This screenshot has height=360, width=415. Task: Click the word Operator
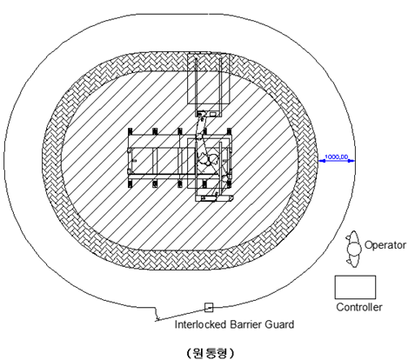coord(385,245)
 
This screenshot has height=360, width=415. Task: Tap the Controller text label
coord(359,307)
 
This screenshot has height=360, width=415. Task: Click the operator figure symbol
coord(353,249)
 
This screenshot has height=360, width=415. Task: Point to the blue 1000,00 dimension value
coord(336,157)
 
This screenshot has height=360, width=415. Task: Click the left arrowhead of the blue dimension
coord(320,161)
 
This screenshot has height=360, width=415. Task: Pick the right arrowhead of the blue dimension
coord(352,161)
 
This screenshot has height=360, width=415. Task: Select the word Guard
coord(279,324)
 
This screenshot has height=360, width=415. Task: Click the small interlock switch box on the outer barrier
coord(209,308)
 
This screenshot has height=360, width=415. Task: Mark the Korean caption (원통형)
coord(211,353)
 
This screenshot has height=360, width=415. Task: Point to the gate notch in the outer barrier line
coord(157,314)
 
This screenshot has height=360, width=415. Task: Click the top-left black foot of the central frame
coord(130,131)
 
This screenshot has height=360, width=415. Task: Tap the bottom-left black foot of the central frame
coord(130,183)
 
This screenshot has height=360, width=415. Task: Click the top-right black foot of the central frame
coord(230,131)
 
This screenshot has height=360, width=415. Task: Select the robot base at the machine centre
coord(208,159)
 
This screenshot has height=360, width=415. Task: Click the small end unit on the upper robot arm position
coord(207,114)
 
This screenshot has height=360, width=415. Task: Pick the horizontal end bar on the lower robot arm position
coord(214,198)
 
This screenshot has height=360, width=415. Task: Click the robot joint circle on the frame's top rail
coord(199,137)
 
